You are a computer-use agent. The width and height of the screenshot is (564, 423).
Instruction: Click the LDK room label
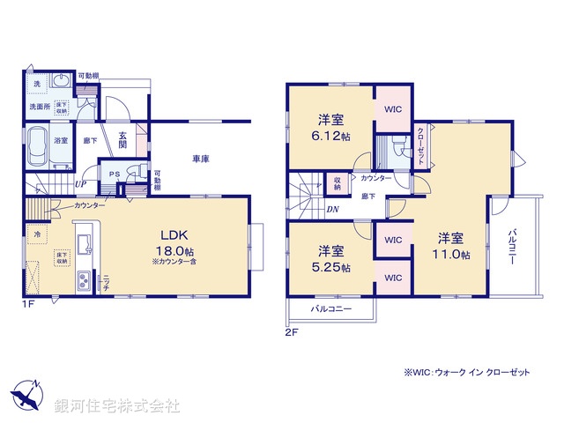(172, 234)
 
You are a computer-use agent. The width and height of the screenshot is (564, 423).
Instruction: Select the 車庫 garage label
(201, 159)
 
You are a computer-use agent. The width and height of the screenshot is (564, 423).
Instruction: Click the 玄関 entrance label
(124, 140)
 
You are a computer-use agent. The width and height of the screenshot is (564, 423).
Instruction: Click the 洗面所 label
(36, 108)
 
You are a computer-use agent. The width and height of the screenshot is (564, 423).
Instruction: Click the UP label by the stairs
(80, 184)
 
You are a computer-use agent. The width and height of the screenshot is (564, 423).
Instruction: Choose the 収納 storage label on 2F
(337, 183)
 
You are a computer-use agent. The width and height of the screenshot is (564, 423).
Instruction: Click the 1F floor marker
(29, 304)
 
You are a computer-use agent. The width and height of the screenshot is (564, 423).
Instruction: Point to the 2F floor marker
(292, 334)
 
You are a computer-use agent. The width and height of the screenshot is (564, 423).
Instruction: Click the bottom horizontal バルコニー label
(330, 310)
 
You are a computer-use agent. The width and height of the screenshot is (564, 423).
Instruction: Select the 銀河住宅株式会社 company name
(116, 405)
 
